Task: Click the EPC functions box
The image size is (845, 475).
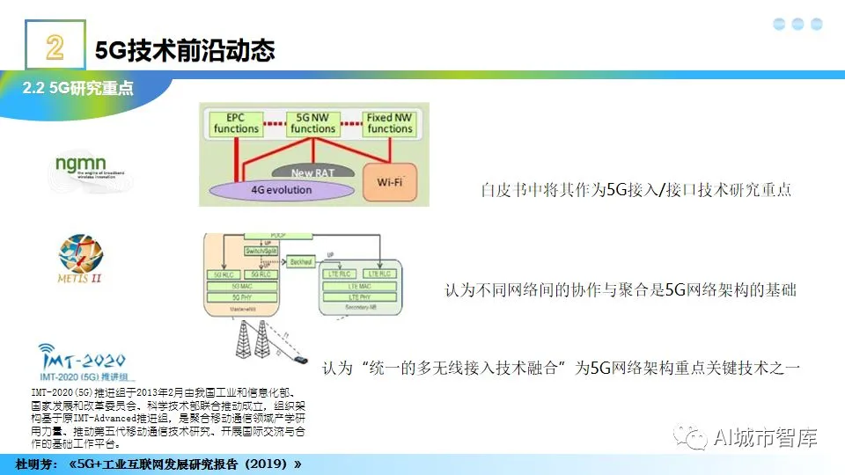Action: pyautogui.click(x=237, y=123)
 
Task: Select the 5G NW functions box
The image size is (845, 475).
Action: pyautogui.click(x=313, y=123)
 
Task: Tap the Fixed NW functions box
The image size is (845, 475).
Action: pyautogui.click(x=390, y=123)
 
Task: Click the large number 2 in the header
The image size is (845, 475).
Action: pyautogui.click(x=55, y=48)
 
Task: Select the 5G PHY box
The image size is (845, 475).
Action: pyautogui.click(x=242, y=296)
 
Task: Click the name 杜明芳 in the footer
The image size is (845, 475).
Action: pyautogui.click(x=35, y=464)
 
